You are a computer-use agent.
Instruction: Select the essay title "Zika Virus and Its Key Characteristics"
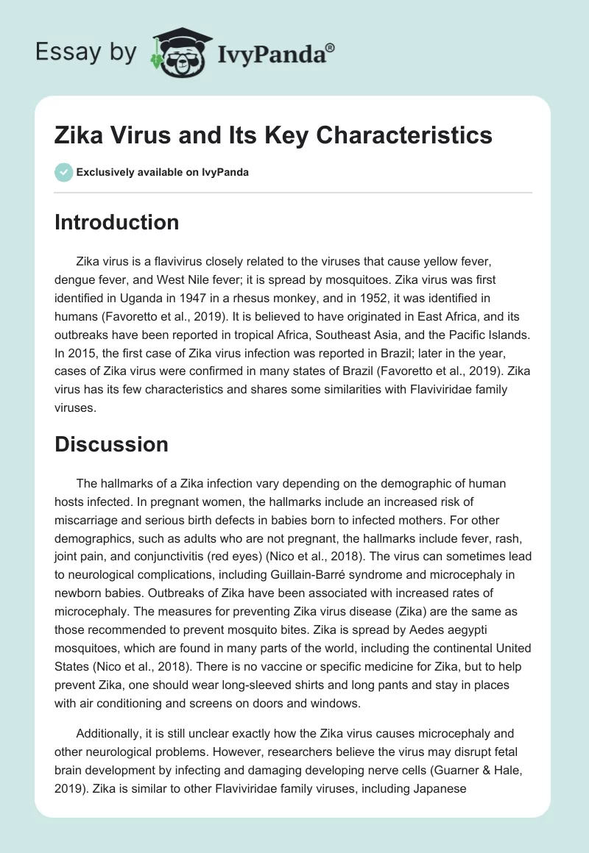(x=273, y=135)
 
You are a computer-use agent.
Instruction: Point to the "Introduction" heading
(x=116, y=223)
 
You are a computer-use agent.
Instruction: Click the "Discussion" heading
(x=111, y=444)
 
